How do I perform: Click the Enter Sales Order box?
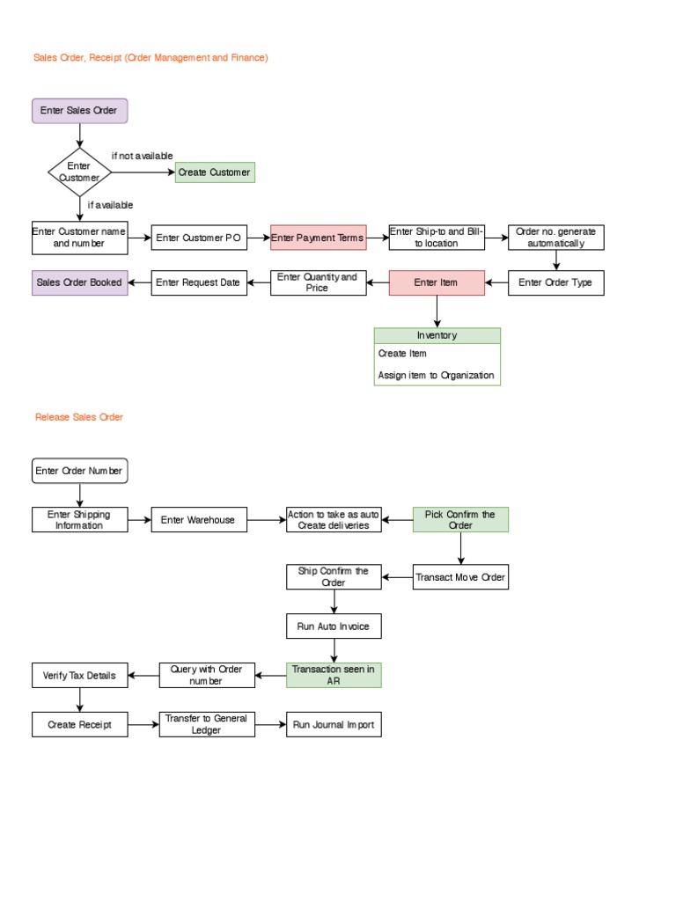click(80, 111)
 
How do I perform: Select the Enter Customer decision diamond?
click(80, 172)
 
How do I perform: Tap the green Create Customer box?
click(215, 172)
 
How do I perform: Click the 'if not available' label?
click(143, 156)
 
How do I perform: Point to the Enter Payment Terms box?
click(318, 238)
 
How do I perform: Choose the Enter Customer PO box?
click(199, 238)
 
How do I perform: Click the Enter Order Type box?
click(556, 282)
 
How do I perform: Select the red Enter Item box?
click(437, 282)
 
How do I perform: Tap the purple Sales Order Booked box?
click(80, 282)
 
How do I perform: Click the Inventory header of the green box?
click(437, 335)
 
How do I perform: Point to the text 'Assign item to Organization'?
click(436, 375)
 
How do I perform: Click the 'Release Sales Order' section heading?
click(79, 417)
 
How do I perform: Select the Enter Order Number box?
click(80, 471)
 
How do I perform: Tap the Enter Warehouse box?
click(199, 520)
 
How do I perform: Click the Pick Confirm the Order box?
click(460, 520)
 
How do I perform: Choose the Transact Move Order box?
click(460, 577)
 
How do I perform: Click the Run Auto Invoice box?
click(334, 626)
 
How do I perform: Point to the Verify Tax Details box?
click(80, 676)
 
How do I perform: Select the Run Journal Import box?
click(334, 725)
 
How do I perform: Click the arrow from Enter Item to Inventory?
click(437, 311)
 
